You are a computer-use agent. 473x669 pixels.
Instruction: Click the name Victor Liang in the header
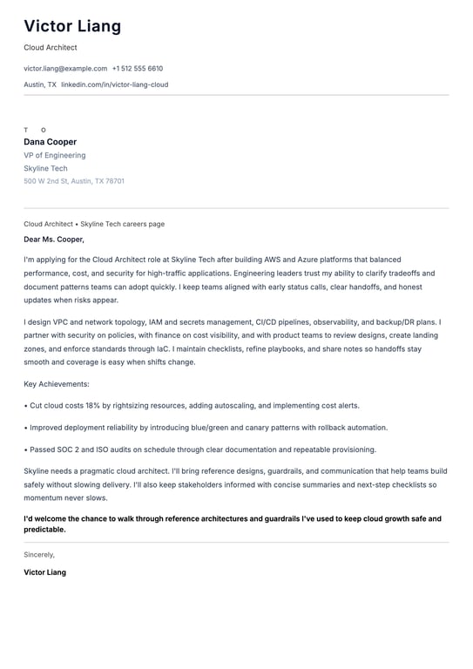tap(72, 26)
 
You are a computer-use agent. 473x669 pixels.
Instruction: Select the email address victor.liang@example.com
tap(65, 68)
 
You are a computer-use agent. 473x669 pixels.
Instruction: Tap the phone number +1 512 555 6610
tap(138, 68)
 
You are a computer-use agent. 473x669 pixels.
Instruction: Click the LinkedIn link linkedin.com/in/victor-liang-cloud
tap(114, 84)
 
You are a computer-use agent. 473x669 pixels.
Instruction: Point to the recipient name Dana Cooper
tap(50, 142)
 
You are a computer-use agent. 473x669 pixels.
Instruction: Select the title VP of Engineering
tap(54, 155)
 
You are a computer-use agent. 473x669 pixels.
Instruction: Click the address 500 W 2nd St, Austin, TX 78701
tap(74, 181)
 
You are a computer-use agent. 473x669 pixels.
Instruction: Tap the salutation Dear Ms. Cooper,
tap(54, 239)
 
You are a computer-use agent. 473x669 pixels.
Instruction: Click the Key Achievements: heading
tap(57, 383)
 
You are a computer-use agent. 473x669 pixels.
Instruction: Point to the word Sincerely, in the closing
tap(39, 554)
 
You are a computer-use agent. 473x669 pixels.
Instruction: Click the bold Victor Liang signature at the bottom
tap(44, 572)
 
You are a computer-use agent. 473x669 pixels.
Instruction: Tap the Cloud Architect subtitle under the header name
tap(51, 47)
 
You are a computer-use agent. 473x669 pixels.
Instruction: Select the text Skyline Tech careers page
tap(122, 224)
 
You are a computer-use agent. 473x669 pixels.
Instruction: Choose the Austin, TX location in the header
tap(40, 84)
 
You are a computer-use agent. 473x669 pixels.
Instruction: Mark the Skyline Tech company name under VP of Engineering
tap(45, 168)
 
